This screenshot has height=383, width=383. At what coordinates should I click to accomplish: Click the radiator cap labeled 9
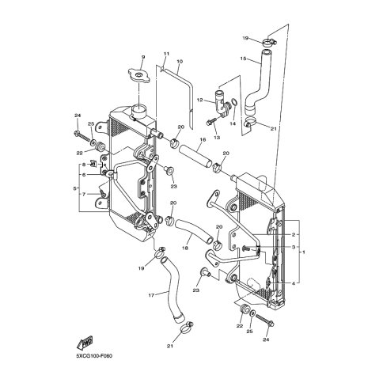tap(139, 75)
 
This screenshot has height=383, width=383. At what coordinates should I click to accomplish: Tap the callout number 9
tap(143, 57)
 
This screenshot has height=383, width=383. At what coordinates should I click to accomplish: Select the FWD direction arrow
tap(85, 343)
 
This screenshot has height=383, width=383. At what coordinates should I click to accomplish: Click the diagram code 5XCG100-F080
tap(94, 356)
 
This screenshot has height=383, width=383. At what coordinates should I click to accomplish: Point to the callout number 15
tap(243, 59)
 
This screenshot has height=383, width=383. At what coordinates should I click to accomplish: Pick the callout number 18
tap(185, 248)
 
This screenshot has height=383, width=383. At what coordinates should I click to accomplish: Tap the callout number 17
tap(151, 295)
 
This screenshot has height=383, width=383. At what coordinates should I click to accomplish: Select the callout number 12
tap(199, 100)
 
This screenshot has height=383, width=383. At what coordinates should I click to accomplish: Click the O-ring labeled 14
tap(234, 101)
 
